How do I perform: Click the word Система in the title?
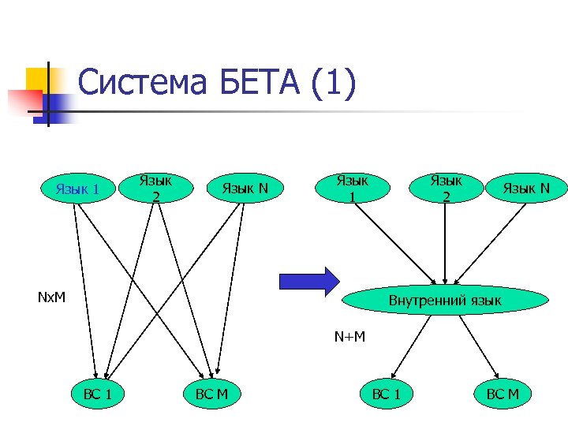tap(138, 83)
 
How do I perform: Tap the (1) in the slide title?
tap(334, 83)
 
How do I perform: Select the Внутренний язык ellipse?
tap(445, 300)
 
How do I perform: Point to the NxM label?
tap(51, 298)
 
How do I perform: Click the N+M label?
tap(349, 338)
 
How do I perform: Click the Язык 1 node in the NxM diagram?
tap(77, 189)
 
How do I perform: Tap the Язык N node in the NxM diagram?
tap(245, 189)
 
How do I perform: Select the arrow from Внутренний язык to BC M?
tap(480, 346)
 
